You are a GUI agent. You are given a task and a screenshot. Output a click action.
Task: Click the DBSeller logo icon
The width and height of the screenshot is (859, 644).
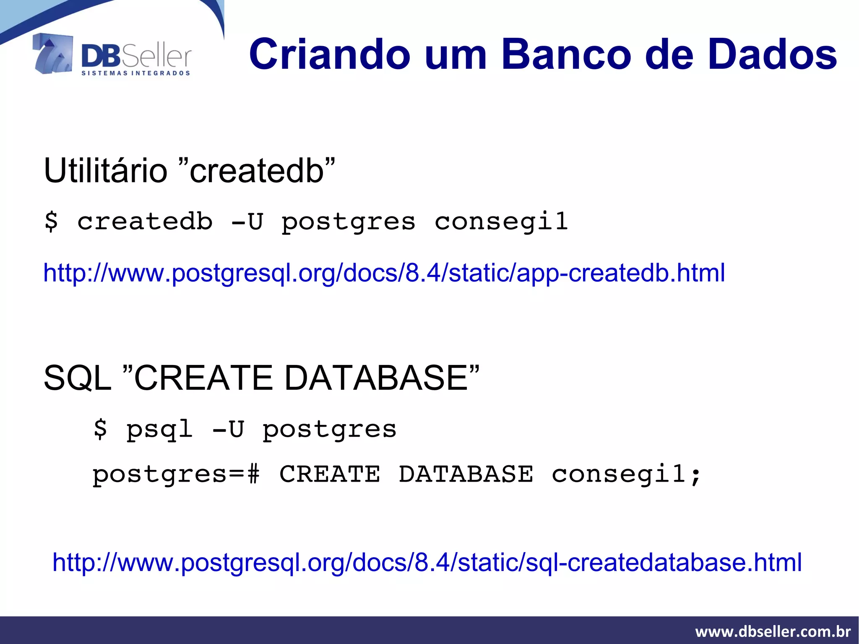click(x=52, y=54)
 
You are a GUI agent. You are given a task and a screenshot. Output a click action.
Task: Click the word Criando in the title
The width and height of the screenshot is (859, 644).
click(x=330, y=55)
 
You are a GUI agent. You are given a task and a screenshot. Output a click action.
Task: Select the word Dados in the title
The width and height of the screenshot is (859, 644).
click(x=772, y=55)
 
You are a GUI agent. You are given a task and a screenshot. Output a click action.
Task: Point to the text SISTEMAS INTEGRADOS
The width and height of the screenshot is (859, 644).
click(x=135, y=73)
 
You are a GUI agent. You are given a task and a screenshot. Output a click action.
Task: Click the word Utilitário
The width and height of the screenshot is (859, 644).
click(x=105, y=171)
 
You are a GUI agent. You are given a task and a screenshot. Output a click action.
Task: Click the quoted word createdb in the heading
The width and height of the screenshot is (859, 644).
click(x=257, y=171)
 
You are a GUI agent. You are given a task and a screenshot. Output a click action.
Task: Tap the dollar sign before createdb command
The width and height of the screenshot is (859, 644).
click(x=51, y=221)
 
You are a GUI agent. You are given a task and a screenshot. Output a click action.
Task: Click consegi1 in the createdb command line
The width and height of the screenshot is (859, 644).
click(x=501, y=222)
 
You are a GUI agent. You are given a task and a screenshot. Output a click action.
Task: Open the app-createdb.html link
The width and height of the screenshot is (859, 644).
click(x=384, y=273)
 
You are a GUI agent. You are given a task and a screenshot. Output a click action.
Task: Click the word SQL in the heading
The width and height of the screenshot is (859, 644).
click(x=77, y=378)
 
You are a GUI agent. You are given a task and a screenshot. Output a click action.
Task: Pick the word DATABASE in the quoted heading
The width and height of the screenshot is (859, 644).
click(x=376, y=378)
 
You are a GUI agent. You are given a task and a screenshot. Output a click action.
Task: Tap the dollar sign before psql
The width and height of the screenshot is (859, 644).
click(x=100, y=429)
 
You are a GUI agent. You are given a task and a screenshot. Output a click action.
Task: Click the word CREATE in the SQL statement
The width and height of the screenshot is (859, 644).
click(x=330, y=474)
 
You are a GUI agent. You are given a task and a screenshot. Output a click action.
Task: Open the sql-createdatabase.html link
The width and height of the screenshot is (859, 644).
click(x=427, y=562)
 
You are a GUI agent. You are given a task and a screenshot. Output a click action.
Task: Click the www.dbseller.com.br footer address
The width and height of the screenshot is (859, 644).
click(x=773, y=631)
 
